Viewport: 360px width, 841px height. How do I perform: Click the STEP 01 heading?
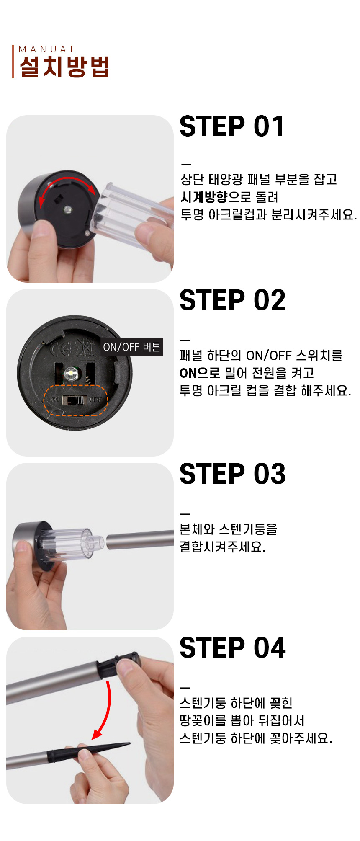point(232,126)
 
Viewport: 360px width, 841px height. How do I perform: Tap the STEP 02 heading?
point(233,300)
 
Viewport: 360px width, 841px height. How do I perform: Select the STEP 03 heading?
point(233,474)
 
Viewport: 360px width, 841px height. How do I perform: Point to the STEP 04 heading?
point(233,648)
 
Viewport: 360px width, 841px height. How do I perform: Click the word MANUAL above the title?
point(47,49)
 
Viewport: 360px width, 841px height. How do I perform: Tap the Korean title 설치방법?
point(64,67)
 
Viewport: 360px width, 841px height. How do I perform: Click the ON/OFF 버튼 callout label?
point(132,347)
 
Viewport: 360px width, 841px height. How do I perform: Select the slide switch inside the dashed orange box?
point(74,400)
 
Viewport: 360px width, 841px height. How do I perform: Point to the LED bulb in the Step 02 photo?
point(70,372)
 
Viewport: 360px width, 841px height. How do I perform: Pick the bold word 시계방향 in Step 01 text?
point(204,197)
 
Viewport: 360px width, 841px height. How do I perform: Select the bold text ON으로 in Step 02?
point(200,373)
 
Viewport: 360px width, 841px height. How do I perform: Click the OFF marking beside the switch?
point(95,400)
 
